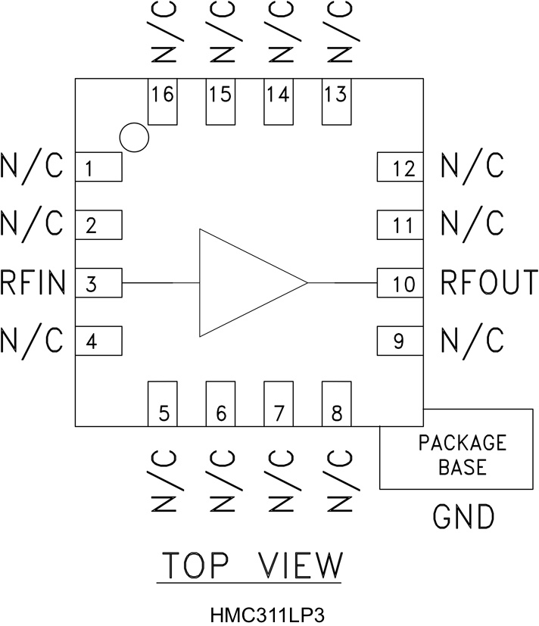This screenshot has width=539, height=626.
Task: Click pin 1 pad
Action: (x=98, y=167)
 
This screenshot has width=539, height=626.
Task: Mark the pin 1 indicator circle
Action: (x=134, y=137)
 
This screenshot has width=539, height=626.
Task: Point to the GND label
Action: (x=463, y=517)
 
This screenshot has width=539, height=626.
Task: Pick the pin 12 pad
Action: (x=399, y=167)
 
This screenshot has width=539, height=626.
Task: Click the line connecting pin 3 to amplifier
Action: (x=160, y=283)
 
